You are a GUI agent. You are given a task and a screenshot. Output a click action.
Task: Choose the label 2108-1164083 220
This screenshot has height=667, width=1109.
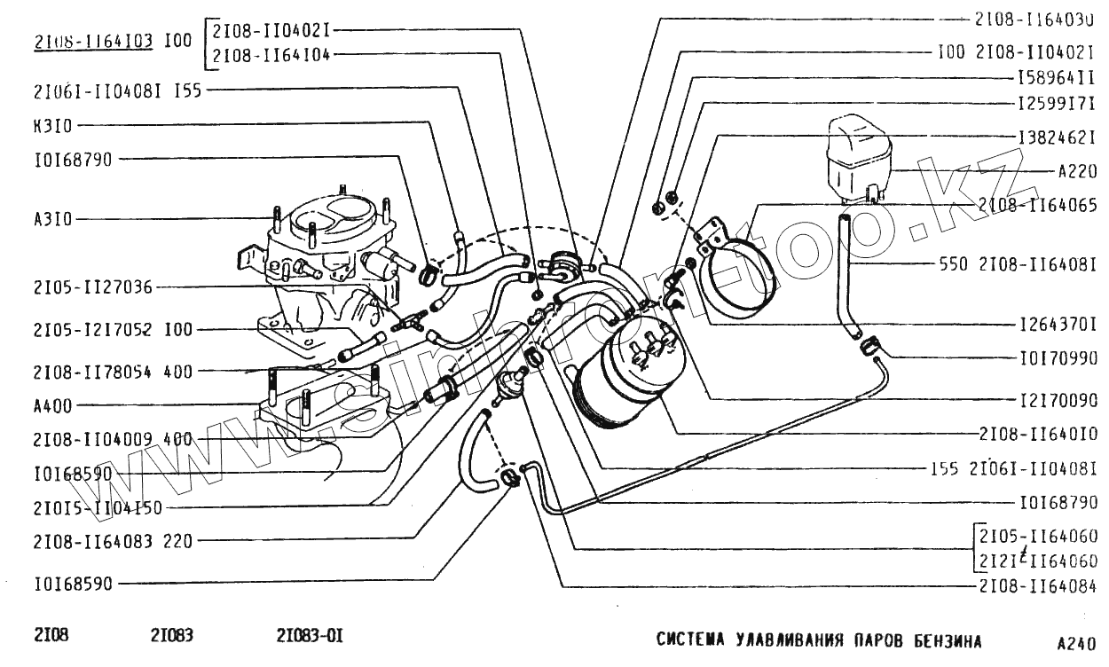pos(113,540)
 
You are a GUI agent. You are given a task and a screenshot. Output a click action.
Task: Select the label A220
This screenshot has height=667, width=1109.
pos(1078,172)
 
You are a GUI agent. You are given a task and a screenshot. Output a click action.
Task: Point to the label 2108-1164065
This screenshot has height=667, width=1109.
pos(1038,206)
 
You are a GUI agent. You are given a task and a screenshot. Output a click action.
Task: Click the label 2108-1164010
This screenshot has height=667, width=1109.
pos(1039,435)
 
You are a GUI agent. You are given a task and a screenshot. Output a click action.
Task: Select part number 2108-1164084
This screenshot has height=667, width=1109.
pos(1039,585)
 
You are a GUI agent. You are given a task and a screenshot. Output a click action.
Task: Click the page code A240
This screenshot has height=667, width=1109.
pos(1076,643)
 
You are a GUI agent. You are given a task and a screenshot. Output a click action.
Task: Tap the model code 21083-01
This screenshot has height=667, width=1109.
pos(310,636)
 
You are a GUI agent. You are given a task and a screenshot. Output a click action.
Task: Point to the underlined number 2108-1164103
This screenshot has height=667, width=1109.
pos(94,40)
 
